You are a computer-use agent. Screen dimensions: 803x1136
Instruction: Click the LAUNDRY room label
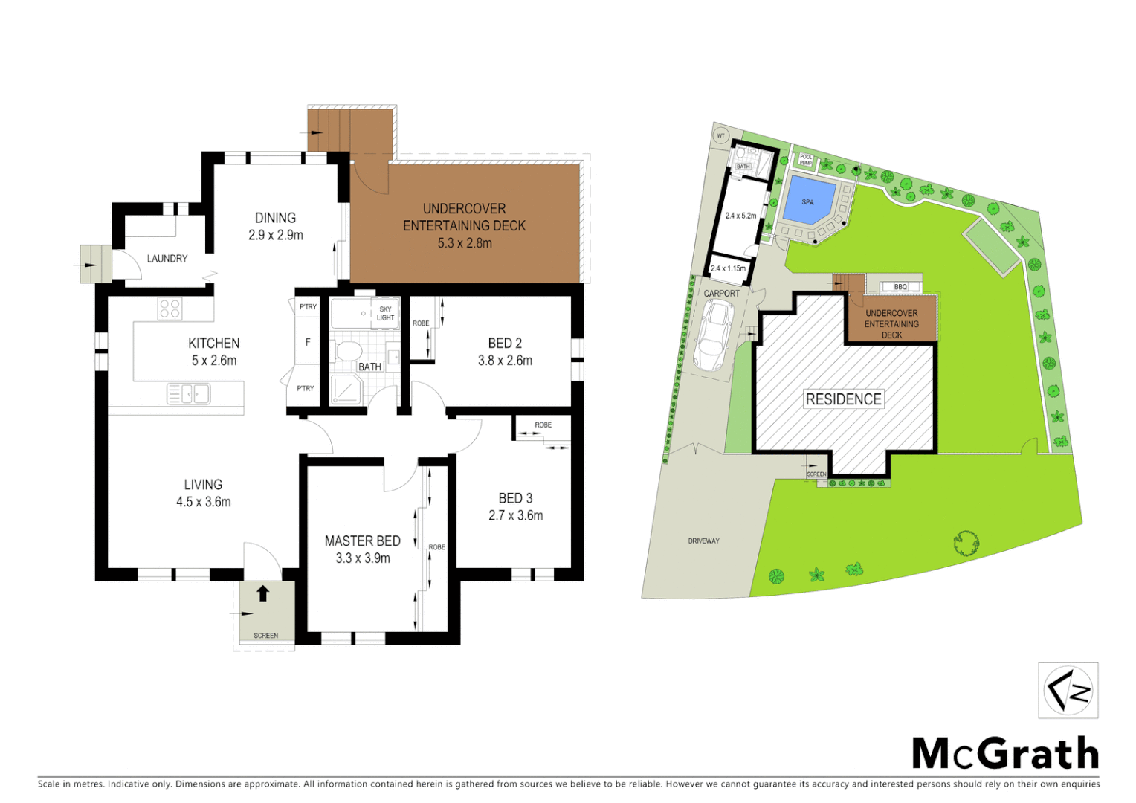tap(167, 259)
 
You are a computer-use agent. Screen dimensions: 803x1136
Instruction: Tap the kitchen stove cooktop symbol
tap(170, 309)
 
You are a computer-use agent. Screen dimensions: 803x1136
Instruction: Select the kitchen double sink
tap(189, 393)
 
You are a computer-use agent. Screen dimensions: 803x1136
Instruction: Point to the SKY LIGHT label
tap(385, 313)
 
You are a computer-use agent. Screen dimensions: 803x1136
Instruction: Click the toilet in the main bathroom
tap(348, 351)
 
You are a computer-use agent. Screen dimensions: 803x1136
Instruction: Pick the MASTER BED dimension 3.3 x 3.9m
tap(363, 558)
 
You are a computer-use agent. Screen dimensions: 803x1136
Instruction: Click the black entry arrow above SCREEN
tap(262, 593)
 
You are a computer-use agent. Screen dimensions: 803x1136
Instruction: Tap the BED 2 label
tap(505, 344)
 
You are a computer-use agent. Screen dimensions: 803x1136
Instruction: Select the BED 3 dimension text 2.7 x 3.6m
tap(515, 515)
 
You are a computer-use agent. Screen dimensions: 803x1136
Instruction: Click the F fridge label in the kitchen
tap(308, 342)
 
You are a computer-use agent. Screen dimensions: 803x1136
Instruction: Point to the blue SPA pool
tap(807, 201)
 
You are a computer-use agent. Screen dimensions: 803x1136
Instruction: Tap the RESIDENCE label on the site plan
tap(844, 399)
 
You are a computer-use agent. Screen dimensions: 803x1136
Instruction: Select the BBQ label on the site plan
tap(900, 286)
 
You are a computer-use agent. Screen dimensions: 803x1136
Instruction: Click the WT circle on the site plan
tap(720, 136)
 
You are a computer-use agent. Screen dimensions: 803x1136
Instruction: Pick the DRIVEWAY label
tap(703, 541)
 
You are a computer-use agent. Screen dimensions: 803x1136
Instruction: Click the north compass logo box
tap(1068, 691)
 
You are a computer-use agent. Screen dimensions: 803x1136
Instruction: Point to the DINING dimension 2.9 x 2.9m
tap(276, 235)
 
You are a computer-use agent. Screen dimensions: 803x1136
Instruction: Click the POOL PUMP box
tap(806, 159)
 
